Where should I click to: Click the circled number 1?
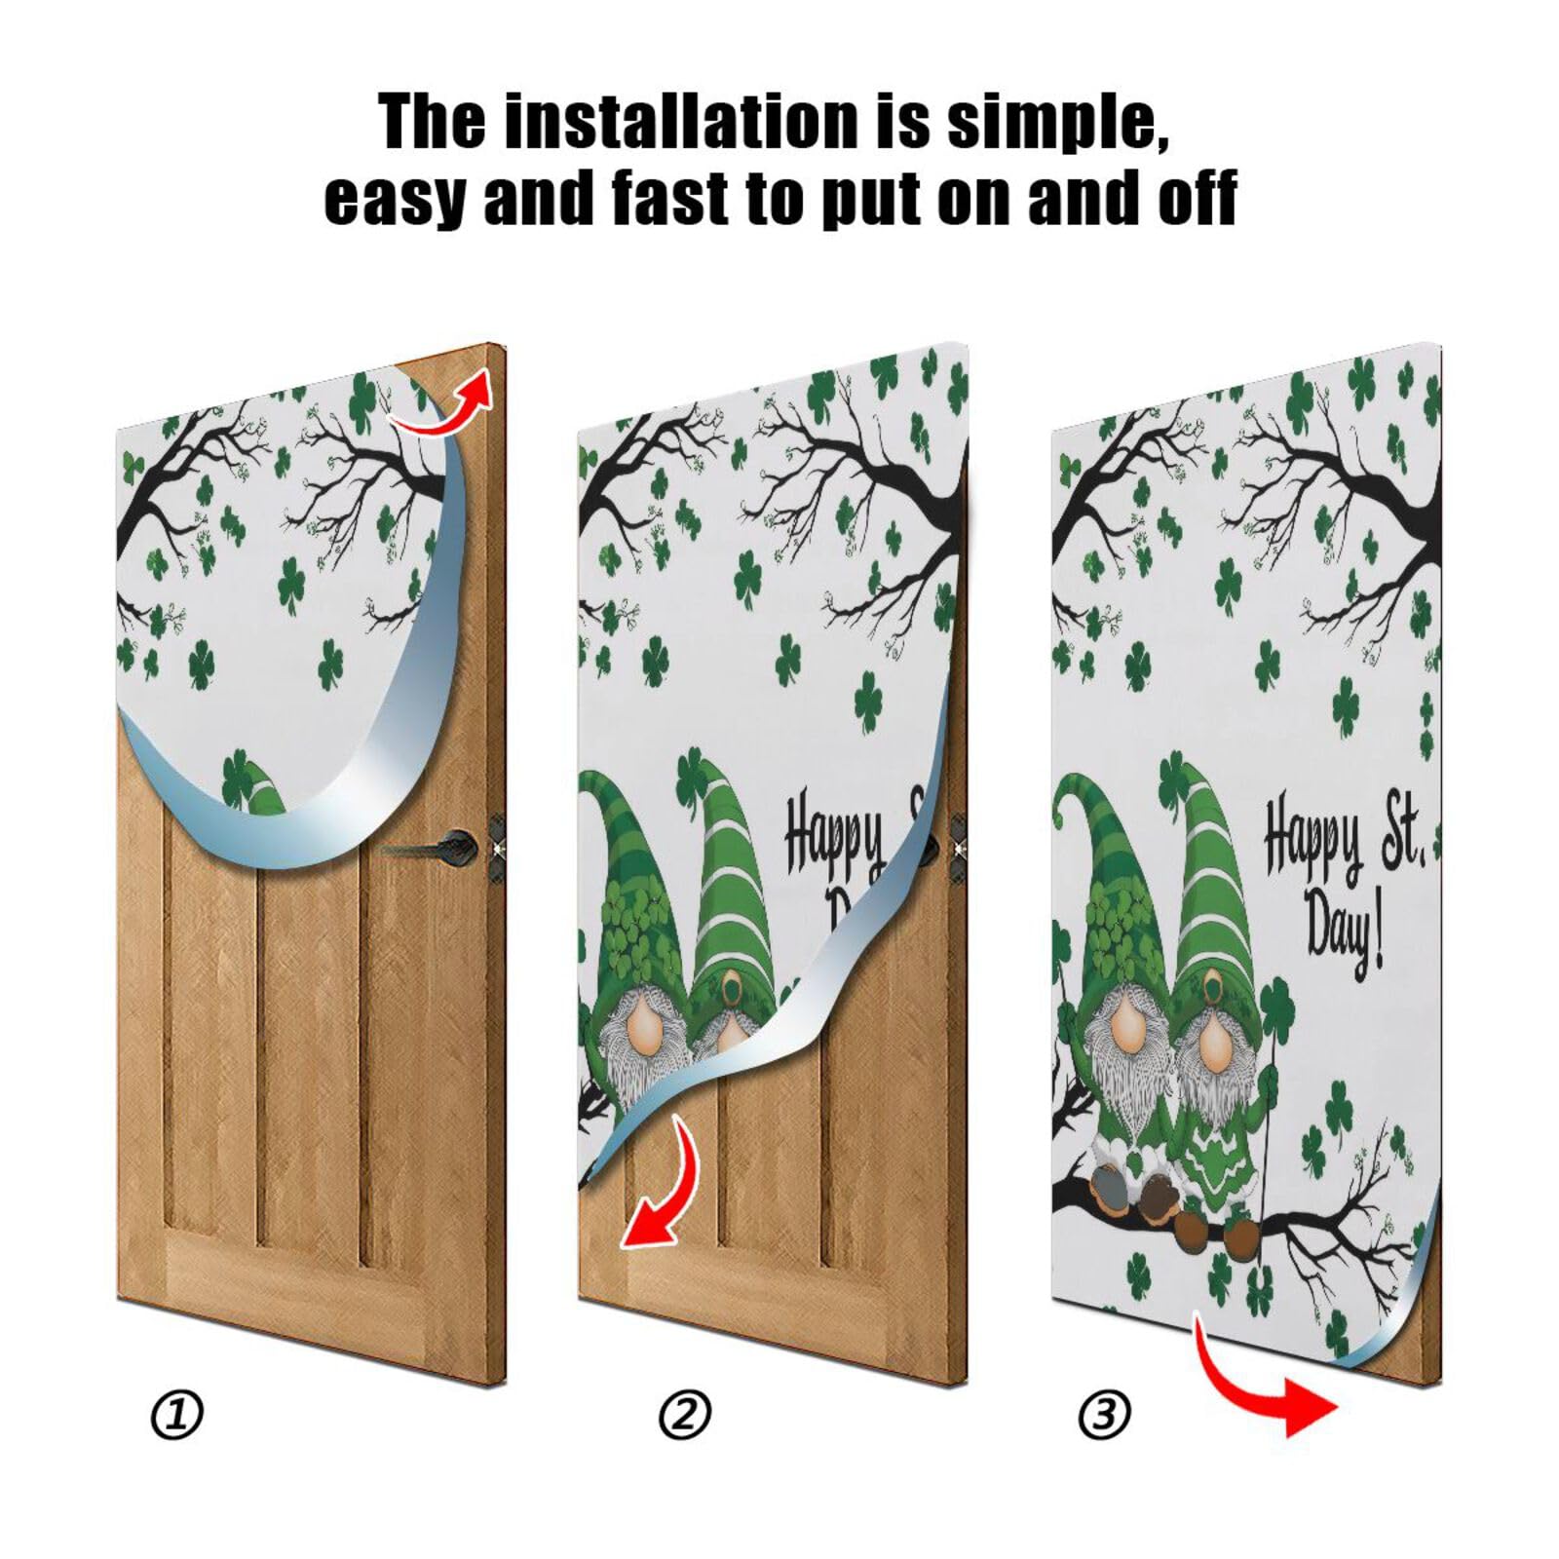(178, 1415)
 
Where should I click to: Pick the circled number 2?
(685, 1415)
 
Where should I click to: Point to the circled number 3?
(1104, 1415)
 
